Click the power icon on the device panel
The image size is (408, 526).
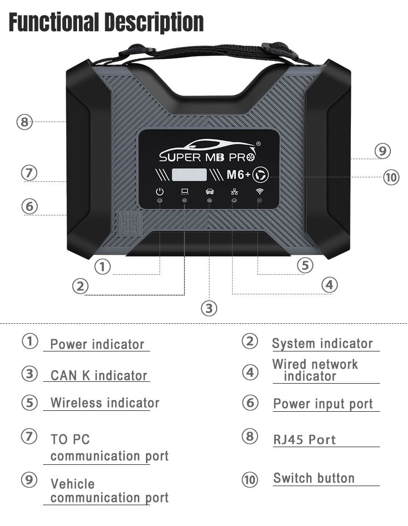[x=160, y=191]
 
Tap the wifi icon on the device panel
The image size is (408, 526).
[x=259, y=191]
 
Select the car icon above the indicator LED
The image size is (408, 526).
[x=209, y=191]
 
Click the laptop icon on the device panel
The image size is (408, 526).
[x=185, y=191]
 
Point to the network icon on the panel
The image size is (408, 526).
[x=234, y=191]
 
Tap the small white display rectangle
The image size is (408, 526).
[x=189, y=174]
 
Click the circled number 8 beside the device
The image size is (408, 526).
[x=25, y=122]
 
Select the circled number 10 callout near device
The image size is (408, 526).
[x=391, y=177]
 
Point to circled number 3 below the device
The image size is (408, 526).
[x=209, y=308]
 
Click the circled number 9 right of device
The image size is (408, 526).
[x=383, y=151]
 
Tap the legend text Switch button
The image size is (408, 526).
[x=314, y=478]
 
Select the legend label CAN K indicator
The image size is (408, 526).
[x=99, y=375]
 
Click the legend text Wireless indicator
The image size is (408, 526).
[x=105, y=403]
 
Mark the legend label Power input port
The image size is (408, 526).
[x=323, y=404]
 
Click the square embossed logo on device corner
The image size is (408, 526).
[x=127, y=224]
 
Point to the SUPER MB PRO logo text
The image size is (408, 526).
[x=208, y=156]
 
